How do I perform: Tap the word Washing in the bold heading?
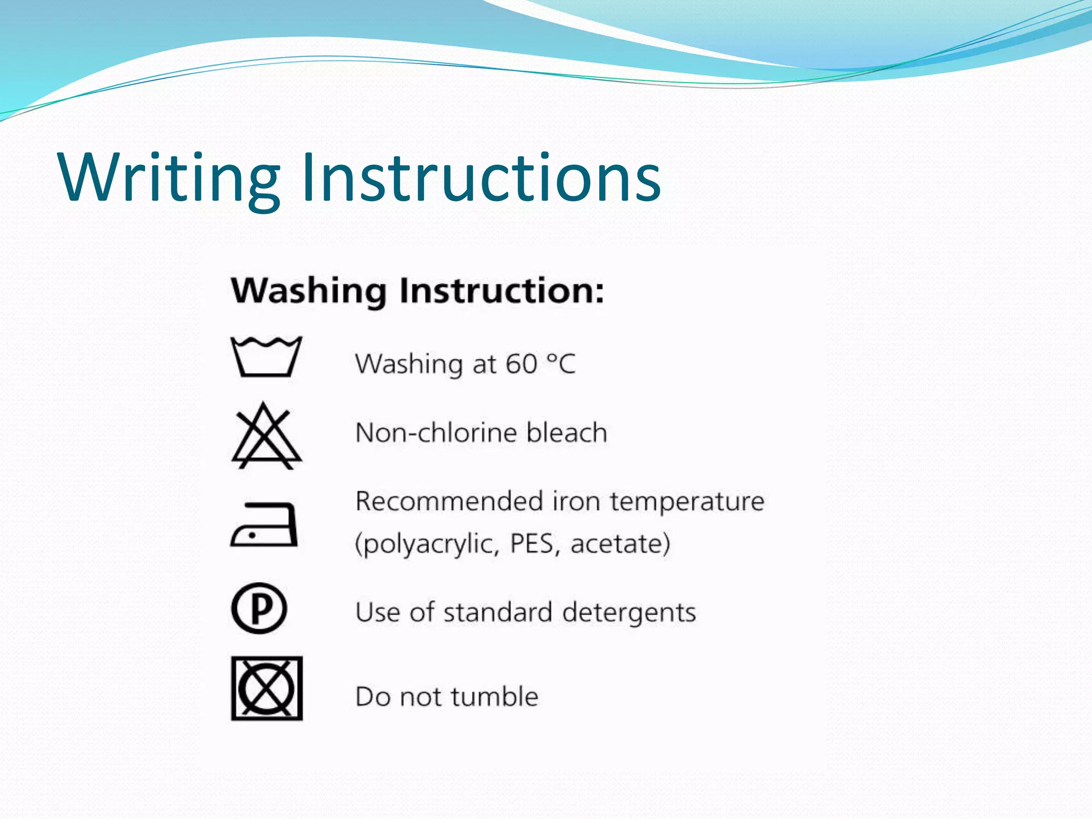point(309,291)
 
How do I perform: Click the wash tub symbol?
point(266,357)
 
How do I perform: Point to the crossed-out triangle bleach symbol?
point(266,437)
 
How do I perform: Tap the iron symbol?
point(264,525)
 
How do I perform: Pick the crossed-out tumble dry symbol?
point(267,688)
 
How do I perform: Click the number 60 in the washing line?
point(521,364)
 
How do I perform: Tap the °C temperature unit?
point(561,364)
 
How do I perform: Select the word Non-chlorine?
point(436,432)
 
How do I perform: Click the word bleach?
point(567,432)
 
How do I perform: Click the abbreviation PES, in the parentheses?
point(535,544)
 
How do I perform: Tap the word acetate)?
point(620,544)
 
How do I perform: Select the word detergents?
point(629,613)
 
